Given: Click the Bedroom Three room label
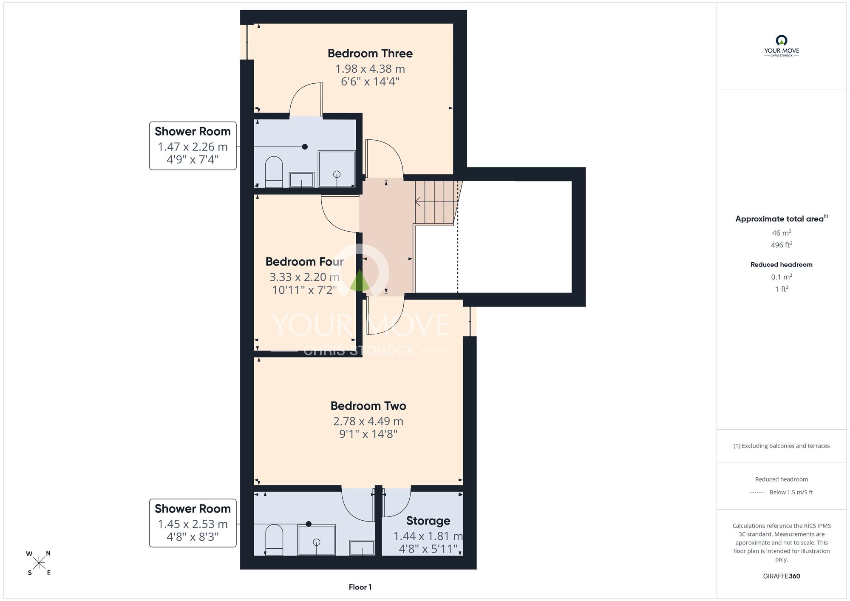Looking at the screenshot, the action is (370, 54).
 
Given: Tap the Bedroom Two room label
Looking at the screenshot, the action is (368, 406).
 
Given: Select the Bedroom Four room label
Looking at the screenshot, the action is (305, 261).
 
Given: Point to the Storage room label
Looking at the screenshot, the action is (428, 521).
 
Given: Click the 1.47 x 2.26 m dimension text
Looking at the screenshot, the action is (193, 147).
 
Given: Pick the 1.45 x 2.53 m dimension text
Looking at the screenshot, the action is (193, 524).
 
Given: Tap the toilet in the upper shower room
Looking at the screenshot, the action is (274, 172).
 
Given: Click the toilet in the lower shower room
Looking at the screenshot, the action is (274, 539).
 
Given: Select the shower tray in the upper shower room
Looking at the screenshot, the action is (337, 169).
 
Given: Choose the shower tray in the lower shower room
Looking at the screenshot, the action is (317, 540).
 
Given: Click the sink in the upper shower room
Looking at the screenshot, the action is (301, 180).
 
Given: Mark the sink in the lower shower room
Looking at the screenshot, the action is (362, 548).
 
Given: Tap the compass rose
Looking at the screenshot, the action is (39, 563).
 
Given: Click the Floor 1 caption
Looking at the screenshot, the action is (360, 587).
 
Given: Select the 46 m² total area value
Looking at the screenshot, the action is (782, 232).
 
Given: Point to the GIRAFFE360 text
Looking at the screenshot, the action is (782, 576).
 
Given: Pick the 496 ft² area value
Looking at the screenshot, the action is (782, 245).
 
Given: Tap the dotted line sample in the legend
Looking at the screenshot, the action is (757, 493).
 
